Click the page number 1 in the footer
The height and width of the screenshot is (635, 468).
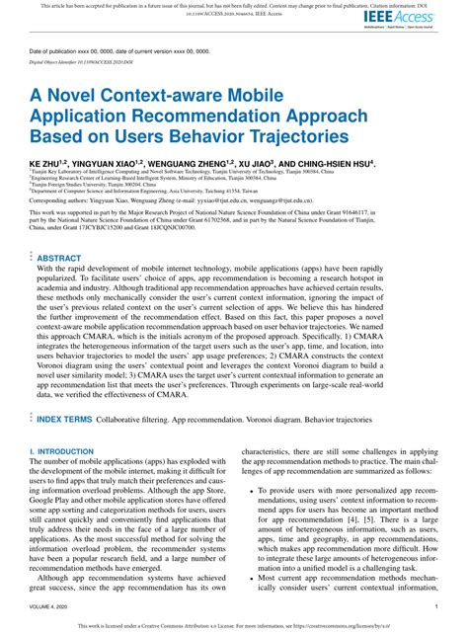[x=435, y=608]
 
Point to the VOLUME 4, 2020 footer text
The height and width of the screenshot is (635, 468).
[x=53, y=608]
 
